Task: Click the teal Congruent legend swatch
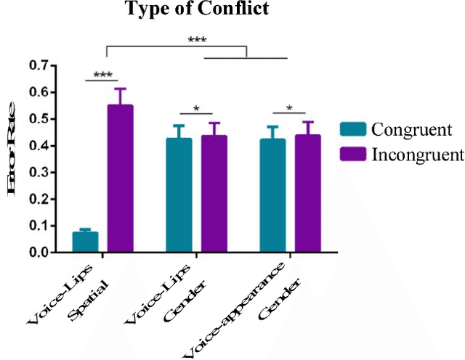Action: click(x=352, y=129)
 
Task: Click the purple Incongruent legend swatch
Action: click(x=352, y=153)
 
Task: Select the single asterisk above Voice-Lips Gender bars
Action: click(x=196, y=109)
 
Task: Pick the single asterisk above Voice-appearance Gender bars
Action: click(x=290, y=109)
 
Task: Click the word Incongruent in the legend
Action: click(x=417, y=154)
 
